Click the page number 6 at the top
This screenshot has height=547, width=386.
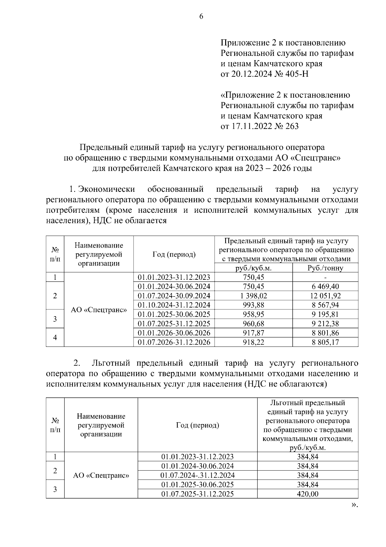pyautogui.click(x=201, y=17)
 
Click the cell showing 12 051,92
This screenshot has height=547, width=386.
pyautogui.click(x=325, y=296)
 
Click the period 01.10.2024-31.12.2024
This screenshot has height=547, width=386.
pyautogui.click(x=174, y=305)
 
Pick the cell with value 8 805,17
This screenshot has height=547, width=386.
pyautogui.click(x=325, y=342)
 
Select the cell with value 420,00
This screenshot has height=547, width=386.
pyautogui.click(x=308, y=494)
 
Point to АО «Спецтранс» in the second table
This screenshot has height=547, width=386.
pyautogui.click(x=101, y=475)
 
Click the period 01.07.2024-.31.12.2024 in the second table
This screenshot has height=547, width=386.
pyautogui.click(x=198, y=475)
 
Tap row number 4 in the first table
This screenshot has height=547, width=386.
pyautogui.click(x=55, y=337)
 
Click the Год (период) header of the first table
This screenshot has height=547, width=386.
pyautogui.click(x=174, y=255)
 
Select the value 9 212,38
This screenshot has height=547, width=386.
pyautogui.click(x=325, y=324)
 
